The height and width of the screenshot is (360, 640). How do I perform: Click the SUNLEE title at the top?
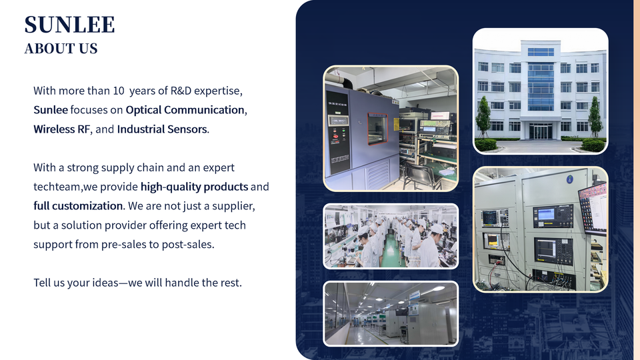[69, 25]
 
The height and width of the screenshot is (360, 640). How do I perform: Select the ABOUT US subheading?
[61, 49]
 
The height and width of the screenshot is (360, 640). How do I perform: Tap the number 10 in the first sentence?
[119, 91]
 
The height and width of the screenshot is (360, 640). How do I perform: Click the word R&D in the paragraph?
[181, 91]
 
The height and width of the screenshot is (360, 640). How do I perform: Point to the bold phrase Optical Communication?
[185, 110]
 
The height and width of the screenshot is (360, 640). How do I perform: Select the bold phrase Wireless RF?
[61, 129]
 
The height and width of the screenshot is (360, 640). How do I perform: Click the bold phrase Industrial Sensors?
[162, 129]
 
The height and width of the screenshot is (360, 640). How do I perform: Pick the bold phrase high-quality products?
[194, 187]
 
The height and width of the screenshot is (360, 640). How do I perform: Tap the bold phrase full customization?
[78, 206]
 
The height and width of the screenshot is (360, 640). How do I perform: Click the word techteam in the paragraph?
[57, 187]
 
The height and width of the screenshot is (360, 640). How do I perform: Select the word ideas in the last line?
[105, 283]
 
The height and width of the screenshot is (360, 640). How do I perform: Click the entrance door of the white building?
[541, 131]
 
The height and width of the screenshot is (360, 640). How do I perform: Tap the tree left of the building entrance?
[483, 117]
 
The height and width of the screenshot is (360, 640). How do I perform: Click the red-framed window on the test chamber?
[377, 129]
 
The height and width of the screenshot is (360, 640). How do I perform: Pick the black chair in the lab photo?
[421, 174]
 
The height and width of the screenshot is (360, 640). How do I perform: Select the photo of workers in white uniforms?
[391, 236]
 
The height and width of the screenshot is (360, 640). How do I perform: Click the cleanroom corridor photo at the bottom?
[391, 313]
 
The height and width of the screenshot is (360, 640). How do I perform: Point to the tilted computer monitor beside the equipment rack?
[593, 209]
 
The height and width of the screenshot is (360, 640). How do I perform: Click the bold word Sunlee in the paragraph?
[51, 110]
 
